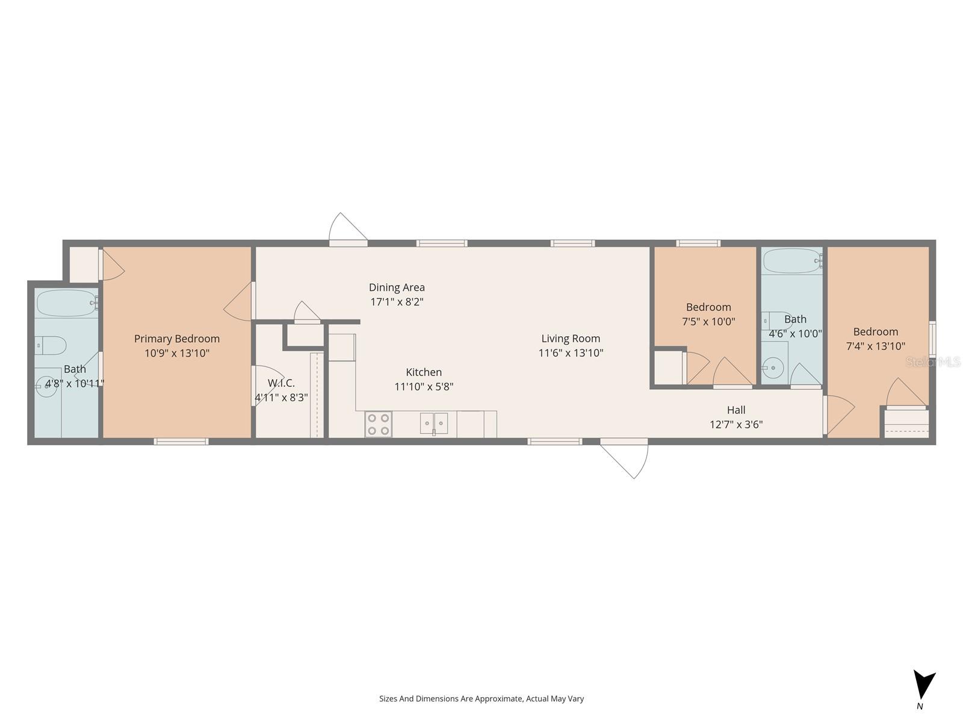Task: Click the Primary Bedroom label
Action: tap(176, 339)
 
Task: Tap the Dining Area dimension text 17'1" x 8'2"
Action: tap(397, 302)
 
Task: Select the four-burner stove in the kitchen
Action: tap(378, 424)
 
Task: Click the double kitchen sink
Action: tap(434, 423)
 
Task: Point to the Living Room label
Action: tap(570, 339)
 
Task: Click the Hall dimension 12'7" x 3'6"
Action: tap(735, 424)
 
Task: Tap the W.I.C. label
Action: tap(281, 383)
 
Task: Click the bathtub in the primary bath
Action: tap(66, 302)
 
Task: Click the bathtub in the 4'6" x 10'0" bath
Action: tap(791, 261)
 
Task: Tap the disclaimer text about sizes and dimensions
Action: tap(481, 699)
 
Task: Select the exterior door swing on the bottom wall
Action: tap(626, 457)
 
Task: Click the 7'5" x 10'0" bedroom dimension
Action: tap(708, 322)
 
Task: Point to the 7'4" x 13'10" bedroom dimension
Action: tap(875, 346)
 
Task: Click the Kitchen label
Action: tap(423, 372)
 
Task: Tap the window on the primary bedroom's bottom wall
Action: tap(181, 442)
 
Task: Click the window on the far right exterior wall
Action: tap(932, 339)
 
